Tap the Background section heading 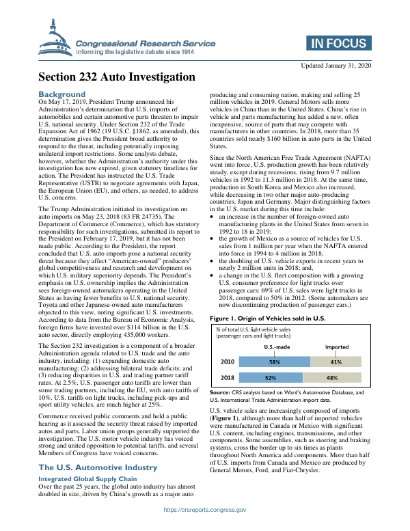[x=62, y=94]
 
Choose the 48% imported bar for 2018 [x=331, y=377]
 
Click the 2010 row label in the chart [x=229, y=362]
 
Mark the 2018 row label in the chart [x=229, y=377]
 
